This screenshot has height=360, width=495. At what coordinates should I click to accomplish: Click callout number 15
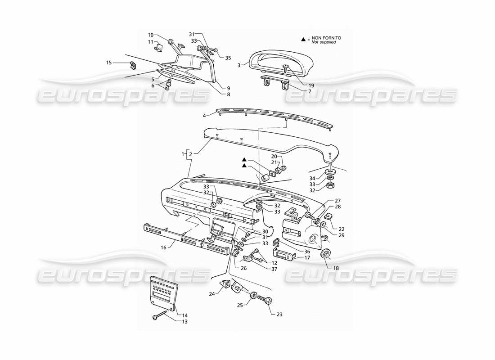click(108, 63)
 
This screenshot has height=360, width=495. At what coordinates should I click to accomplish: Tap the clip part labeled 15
click(133, 66)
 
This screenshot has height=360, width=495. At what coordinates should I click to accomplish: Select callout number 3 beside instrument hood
click(239, 65)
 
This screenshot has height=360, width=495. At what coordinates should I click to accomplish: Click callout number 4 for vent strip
click(204, 116)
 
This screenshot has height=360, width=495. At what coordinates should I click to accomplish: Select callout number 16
click(164, 247)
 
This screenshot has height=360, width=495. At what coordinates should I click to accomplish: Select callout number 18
click(336, 268)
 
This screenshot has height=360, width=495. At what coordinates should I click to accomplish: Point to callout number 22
click(342, 229)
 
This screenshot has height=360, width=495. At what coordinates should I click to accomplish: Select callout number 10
click(151, 34)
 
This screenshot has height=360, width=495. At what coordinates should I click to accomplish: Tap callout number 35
click(228, 58)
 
